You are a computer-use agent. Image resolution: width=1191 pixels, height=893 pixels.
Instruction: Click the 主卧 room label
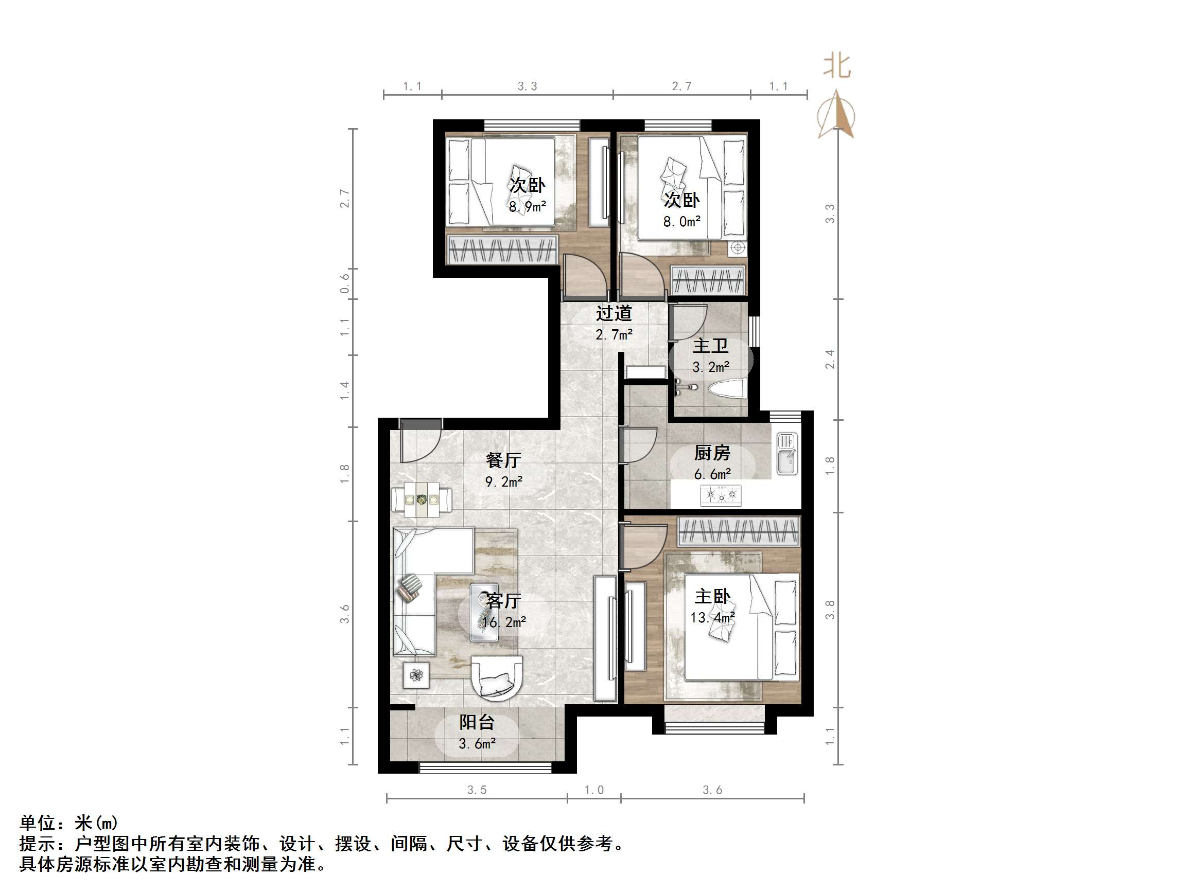(x=712, y=596)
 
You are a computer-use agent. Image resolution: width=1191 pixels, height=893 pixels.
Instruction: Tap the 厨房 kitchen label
(x=712, y=453)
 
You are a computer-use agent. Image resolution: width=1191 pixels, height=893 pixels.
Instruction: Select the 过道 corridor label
(x=614, y=313)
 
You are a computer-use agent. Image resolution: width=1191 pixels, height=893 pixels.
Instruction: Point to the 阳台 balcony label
(x=477, y=722)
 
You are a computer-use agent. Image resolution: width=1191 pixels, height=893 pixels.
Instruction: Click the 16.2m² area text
(x=504, y=622)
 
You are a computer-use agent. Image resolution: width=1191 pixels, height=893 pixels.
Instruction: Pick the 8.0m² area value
(x=681, y=221)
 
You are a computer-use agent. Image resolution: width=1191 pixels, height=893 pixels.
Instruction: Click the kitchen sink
(x=786, y=455)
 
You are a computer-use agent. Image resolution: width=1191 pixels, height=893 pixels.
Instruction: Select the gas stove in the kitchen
(x=721, y=495)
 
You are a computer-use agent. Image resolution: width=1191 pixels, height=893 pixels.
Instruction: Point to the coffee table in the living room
(x=484, y=613)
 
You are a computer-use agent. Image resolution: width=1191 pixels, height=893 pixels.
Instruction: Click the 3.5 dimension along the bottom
(x=477, y=790)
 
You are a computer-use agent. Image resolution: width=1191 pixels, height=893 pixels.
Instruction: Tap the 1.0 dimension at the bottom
(x=594, y=790)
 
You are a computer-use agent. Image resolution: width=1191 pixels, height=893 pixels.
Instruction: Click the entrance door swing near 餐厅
(x=421, y=441)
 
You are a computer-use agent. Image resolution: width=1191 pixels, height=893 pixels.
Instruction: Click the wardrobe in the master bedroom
(x=739, y=531)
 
